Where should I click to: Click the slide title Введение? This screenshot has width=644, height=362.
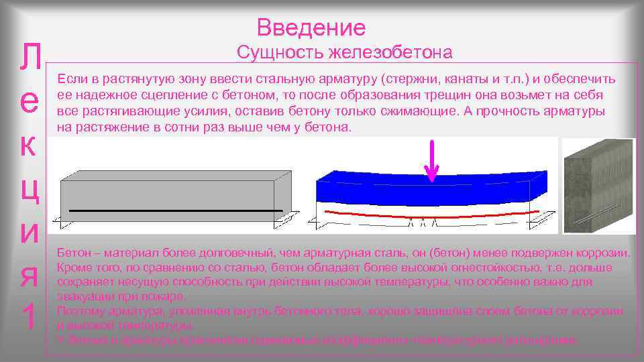pos(311,27)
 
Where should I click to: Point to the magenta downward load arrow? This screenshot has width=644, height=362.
pos(433,162)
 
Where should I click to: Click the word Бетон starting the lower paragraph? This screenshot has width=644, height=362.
pos(73,253)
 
